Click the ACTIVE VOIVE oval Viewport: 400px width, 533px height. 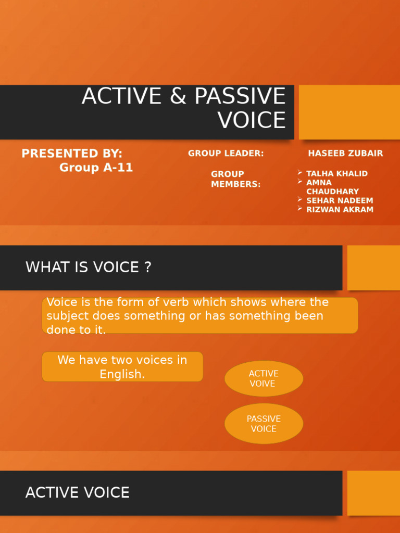264,378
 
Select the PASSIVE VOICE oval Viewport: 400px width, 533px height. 264,424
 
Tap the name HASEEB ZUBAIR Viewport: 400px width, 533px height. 345,154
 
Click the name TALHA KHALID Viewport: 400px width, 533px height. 336,173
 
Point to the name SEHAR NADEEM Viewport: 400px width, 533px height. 340,200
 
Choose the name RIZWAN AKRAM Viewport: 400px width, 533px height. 340,210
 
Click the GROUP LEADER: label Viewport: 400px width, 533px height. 226,154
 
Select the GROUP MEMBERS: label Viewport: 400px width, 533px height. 235,179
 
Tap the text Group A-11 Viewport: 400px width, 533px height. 96,168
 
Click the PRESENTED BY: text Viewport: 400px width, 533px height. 72,154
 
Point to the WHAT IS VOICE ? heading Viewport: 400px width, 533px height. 89,268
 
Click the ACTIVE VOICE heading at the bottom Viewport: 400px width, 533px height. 78,492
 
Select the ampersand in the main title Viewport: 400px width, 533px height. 178,97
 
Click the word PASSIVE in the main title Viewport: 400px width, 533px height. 240,97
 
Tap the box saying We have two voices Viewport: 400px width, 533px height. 122,367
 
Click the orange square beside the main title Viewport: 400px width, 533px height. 349,112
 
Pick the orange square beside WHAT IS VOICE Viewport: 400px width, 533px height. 373,268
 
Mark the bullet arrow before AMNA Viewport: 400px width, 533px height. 300,182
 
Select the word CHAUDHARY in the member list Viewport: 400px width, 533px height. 332,192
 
